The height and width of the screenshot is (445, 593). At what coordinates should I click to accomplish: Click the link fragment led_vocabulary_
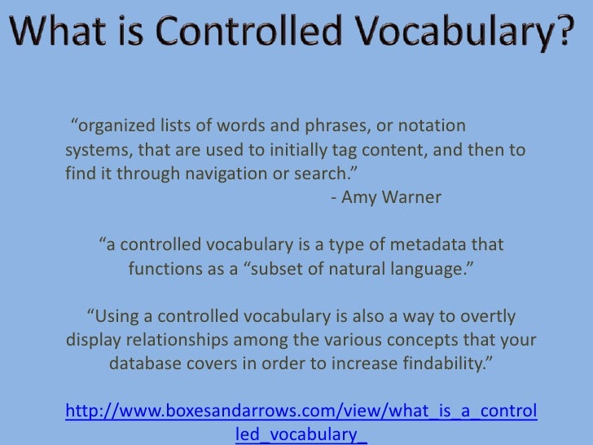coord(301,434)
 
